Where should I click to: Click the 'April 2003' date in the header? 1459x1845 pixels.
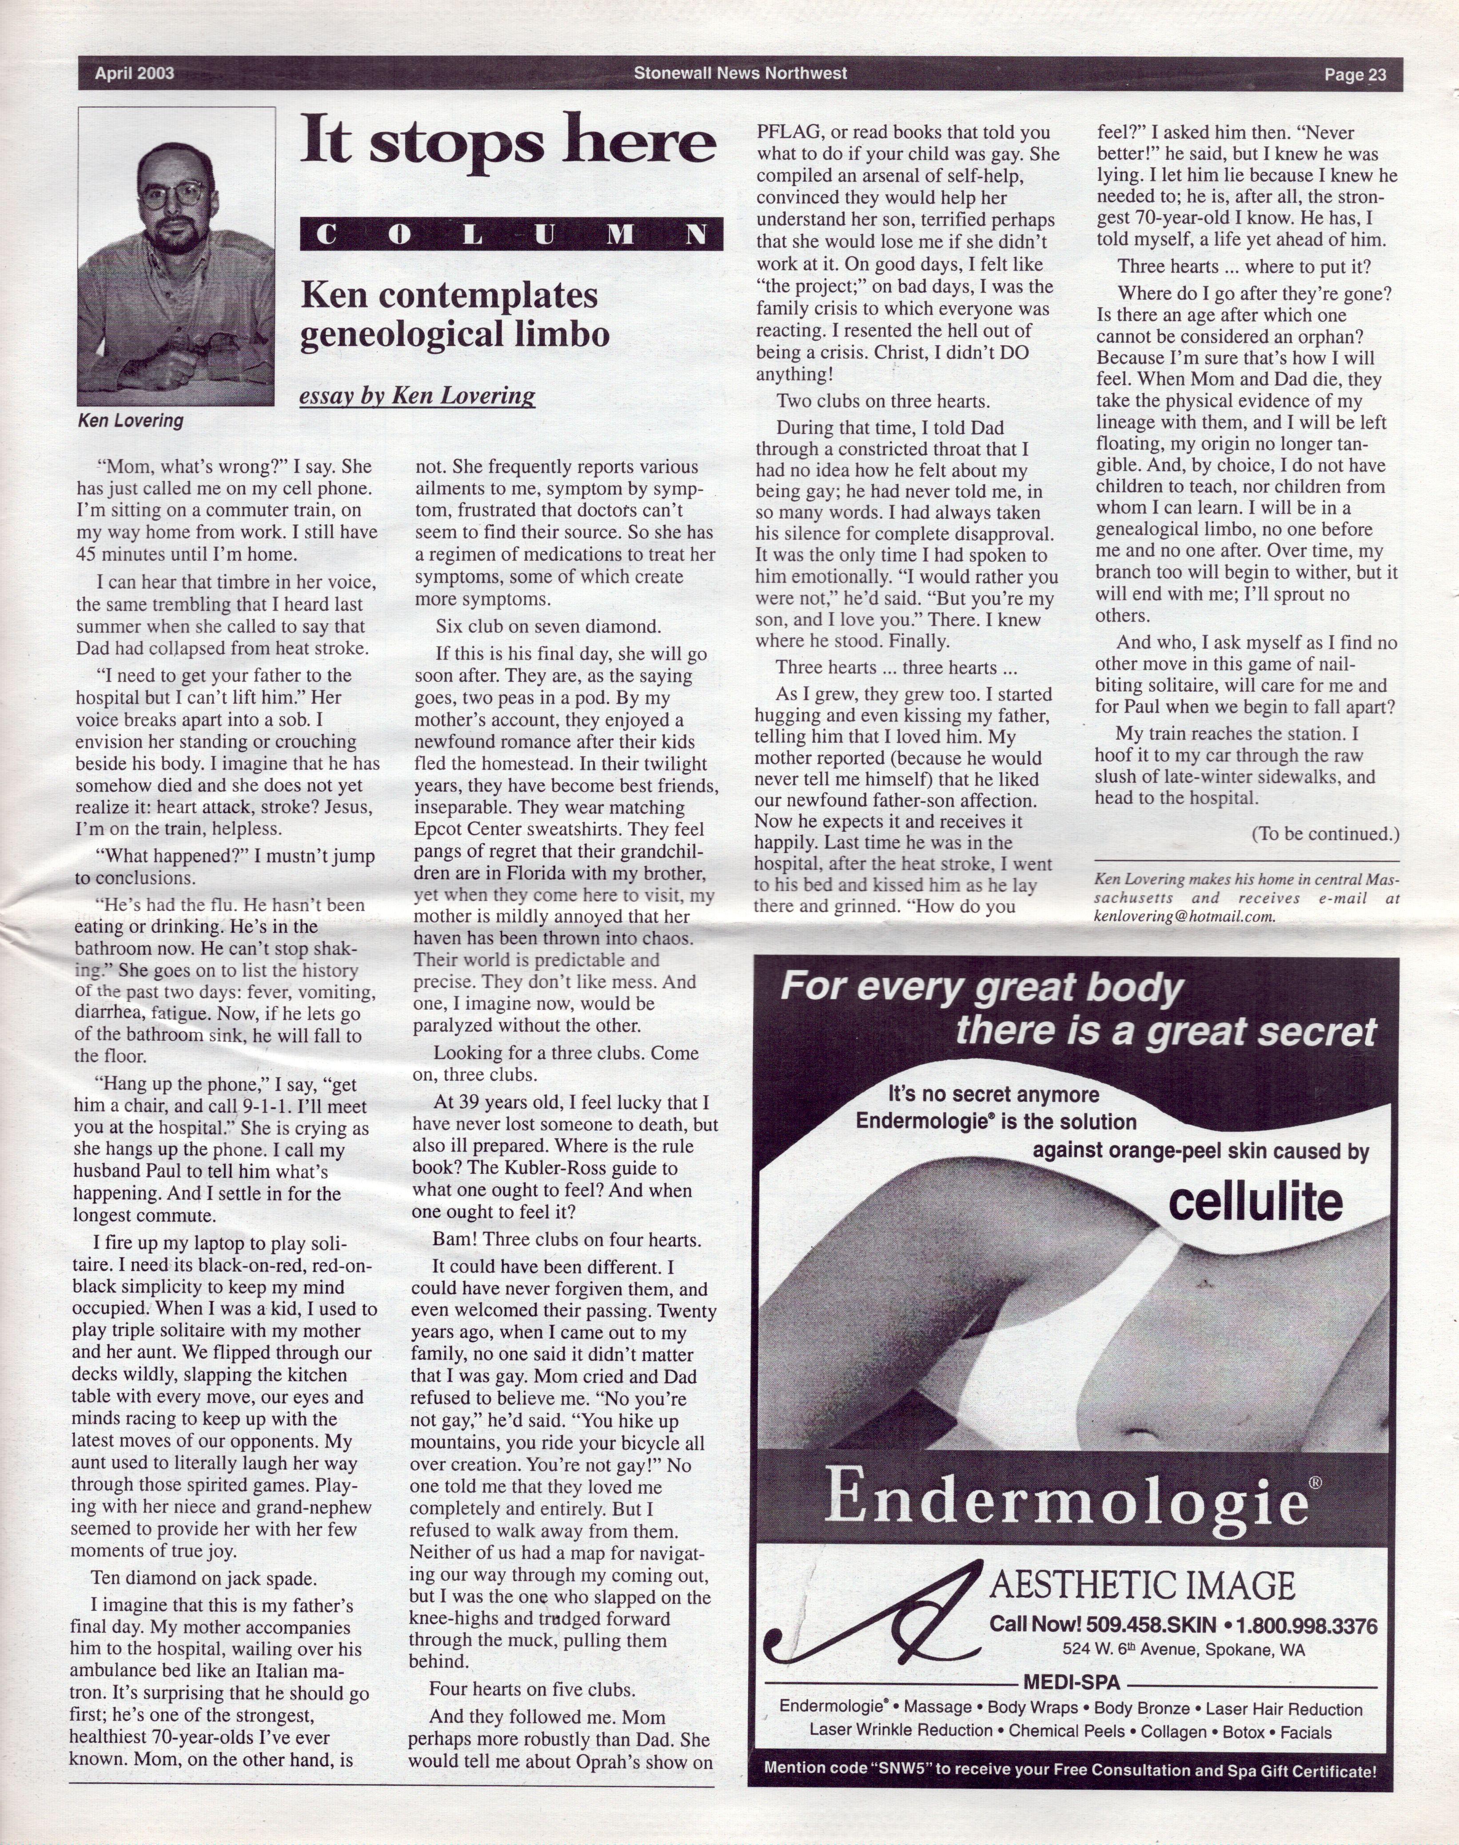[x=134, y=74]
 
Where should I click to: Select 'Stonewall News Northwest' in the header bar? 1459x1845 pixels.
[x=740, y=73]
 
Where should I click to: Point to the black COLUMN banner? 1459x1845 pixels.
[x=511, y=234]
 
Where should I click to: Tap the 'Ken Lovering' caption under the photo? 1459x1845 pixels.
[x=130, y=420]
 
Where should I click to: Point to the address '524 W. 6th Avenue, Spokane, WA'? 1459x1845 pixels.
[x=1183, y=1650]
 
